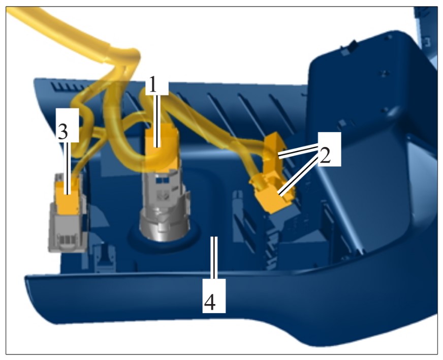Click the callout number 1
153,84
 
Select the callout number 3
62,131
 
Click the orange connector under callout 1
162,148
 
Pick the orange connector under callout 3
68,197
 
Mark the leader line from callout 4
214,258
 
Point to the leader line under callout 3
67,168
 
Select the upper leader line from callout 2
299,150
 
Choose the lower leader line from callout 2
298,176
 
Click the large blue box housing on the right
373,141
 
